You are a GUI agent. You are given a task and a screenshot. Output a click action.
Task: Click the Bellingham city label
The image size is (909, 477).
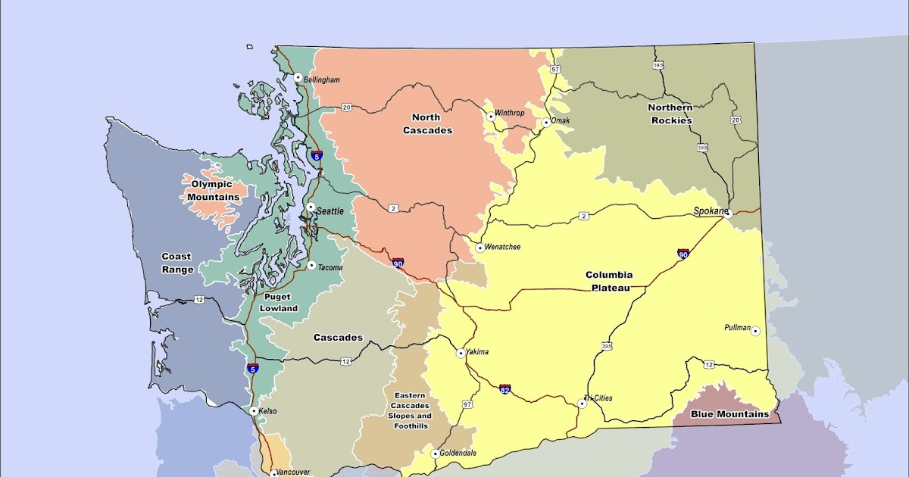point(322,79)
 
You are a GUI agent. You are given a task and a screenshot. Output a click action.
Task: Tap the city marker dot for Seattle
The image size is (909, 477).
point(311,207)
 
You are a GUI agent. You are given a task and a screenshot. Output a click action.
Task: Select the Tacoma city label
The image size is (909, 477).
point(330,267)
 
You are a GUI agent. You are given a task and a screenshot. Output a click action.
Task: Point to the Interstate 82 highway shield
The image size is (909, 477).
point(504,389)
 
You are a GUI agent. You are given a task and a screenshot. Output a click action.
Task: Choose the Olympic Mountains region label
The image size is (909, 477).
point(213,190)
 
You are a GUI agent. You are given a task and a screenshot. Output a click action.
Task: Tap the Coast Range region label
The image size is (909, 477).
point(176,263)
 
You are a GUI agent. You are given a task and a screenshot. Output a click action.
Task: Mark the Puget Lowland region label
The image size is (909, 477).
point(279,302)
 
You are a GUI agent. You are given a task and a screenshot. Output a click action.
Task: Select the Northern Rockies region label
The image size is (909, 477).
point(670,114)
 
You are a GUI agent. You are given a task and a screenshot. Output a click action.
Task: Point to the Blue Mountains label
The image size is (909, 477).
point(729,414)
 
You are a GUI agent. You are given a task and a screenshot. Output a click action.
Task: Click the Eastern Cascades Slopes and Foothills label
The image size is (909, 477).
point(409,410)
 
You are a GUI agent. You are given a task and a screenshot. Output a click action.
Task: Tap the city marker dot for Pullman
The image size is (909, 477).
point(755,331)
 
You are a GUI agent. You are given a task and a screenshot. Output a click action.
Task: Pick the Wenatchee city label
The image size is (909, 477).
point(504,248)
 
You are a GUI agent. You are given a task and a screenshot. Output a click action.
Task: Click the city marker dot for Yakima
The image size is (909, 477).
point(461,353)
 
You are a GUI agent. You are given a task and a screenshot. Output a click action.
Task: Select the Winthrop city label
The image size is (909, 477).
point(509,114)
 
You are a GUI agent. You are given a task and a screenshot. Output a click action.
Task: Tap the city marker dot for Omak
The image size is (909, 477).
point(545,122)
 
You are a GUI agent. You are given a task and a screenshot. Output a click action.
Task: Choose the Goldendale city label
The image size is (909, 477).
point(460,454)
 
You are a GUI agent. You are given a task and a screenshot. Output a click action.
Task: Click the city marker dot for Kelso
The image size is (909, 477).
point(254,411)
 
